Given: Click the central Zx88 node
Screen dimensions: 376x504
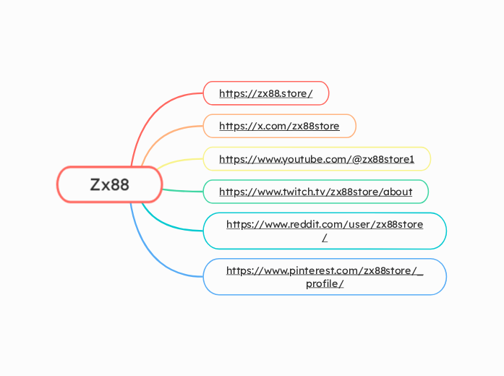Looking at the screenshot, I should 109,184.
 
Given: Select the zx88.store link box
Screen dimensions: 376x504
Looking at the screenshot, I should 265,93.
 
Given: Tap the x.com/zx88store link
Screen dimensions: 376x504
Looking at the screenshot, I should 278,126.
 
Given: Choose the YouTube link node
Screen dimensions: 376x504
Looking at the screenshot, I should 316,159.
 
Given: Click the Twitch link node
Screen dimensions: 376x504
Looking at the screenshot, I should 315,192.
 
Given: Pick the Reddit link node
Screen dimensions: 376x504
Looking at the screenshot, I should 324,231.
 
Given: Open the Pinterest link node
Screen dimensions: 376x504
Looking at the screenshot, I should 324,277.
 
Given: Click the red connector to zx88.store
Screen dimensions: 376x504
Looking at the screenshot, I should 155,108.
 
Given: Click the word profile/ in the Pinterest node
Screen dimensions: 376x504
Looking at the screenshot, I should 324,283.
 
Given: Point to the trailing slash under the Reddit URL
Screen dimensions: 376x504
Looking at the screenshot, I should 325,238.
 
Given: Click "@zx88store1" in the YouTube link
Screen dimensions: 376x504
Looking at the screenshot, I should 383,159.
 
